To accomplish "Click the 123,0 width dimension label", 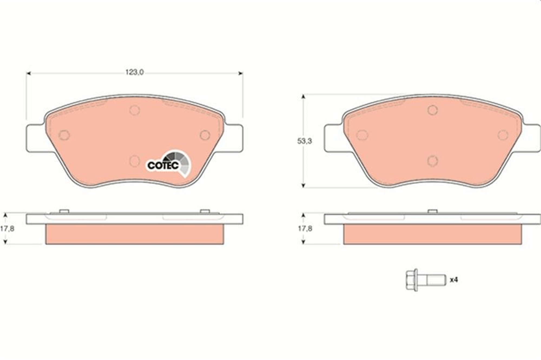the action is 134,72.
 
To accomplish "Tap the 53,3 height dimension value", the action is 305,141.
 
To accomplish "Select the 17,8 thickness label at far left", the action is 7,229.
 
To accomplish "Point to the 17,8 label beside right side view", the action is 305,229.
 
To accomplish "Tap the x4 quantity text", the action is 454,280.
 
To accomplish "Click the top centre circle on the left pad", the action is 134,110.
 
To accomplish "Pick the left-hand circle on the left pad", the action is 64,135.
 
